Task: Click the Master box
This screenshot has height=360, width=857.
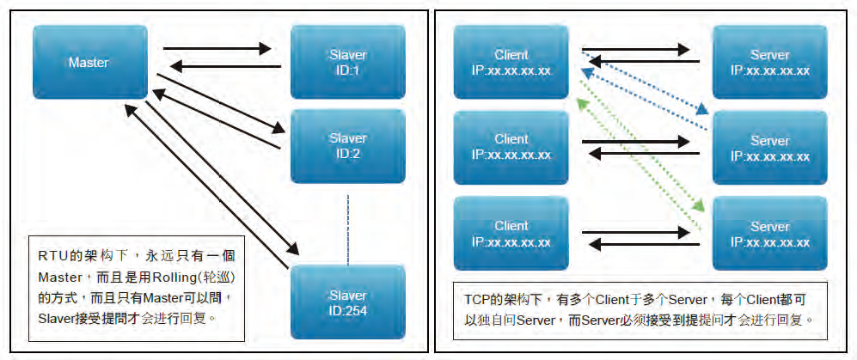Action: [90, 62]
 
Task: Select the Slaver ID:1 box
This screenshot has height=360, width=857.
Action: [347, 62]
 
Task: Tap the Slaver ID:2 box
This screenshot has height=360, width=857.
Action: [347, 145]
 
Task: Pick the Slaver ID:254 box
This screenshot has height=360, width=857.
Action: [347, 302]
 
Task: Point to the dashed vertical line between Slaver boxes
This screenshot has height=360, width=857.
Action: [348, 229]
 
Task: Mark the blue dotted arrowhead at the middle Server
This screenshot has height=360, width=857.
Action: [702, 110]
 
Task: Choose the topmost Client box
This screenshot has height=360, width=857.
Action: [511, 62]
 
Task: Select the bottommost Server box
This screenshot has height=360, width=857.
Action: [769, 234]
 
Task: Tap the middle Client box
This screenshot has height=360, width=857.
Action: [511, 147]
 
